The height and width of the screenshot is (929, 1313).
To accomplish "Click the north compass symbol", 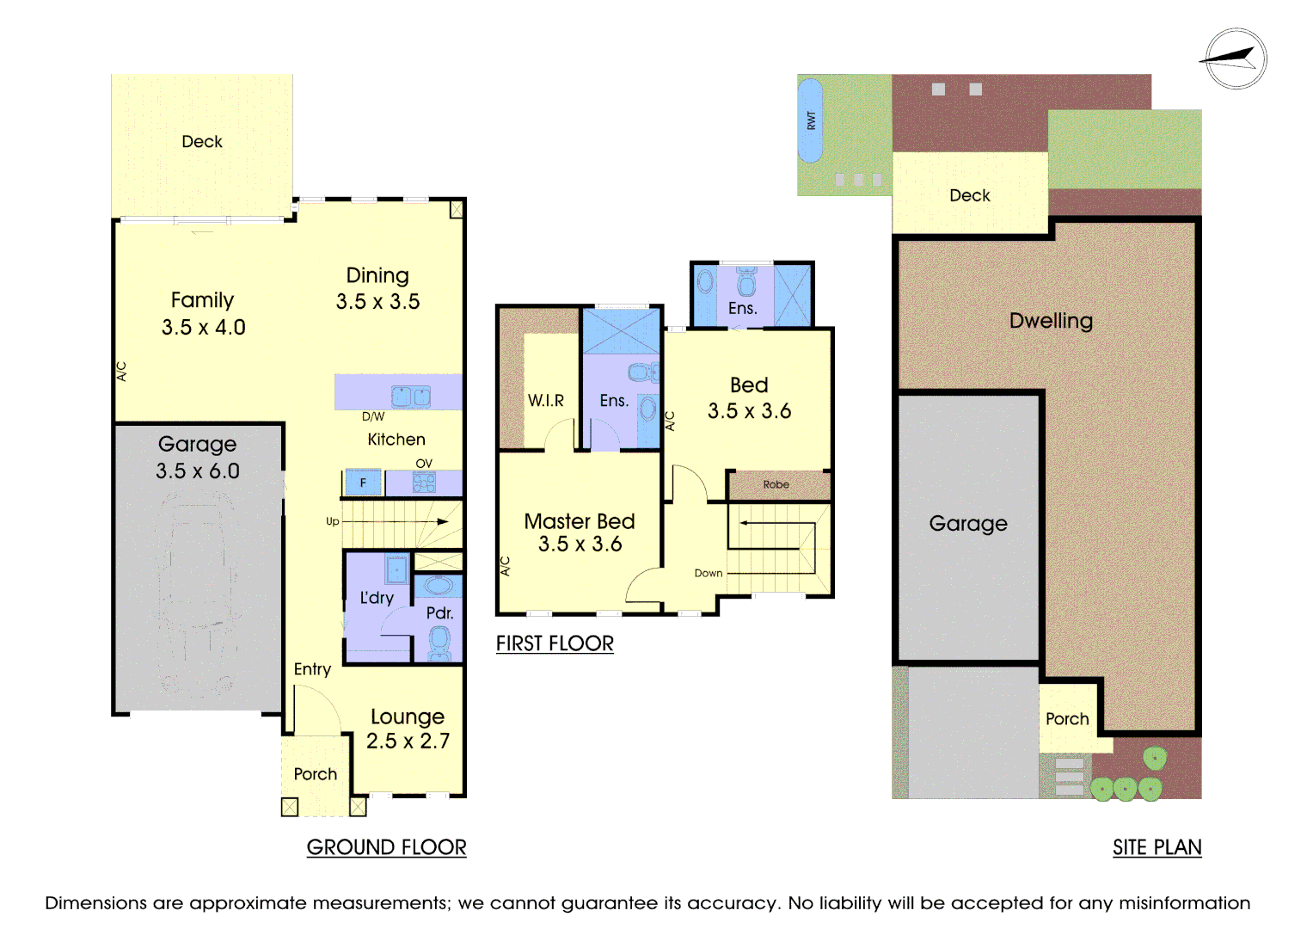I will pyautogui.click(x=1235, y=58).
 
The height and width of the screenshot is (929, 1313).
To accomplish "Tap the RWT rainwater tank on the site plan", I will pyautogui.click(x=810, y=120).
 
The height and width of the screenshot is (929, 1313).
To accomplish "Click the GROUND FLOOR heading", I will pyautogui.click(x=386, y=847).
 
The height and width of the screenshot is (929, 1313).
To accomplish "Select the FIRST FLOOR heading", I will pyautogui.click(x=555, y=643).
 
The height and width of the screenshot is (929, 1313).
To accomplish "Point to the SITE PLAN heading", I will pyautogui.click(x=1157, y=847).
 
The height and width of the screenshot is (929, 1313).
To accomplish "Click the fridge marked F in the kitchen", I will pyautogui.click(x=363, y=483).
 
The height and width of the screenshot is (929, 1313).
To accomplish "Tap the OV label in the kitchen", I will pyautogui.click(x=424, y=463).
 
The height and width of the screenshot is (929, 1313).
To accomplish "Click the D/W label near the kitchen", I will pyautogui.click(x=373, y=416).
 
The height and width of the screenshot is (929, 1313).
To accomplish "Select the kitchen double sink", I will pyautogui.click(x=410, y=397).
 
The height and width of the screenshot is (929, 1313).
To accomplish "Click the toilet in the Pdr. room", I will pyautogui.click(x=439, y=641).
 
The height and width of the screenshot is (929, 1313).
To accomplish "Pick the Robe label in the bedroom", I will pyautogui.click(x=776, y=484).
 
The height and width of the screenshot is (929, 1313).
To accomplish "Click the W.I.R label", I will pyautogui.click(x=546, y=400).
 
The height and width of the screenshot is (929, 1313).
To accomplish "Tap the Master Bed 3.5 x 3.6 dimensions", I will pyautogui.click(x=580, y=544).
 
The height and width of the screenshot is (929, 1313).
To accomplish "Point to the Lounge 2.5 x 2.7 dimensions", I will pyautogui.click(x=408, y=741).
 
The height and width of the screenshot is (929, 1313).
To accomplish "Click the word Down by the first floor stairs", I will pyautogui.click(x=709, y=573).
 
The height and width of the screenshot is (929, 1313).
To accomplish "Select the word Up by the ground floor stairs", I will pyautogui.click(x=333, y=521).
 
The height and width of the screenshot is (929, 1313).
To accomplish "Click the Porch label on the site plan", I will pyautogui.click(x=1067, y=718).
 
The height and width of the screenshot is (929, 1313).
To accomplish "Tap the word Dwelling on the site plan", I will pyautogui.click(x=1051, y=321).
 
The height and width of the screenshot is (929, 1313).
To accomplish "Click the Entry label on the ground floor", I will pyautogui.click(x=312, y=669).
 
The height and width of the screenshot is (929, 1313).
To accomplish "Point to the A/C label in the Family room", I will pyautogui.click(x=121, y=371).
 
